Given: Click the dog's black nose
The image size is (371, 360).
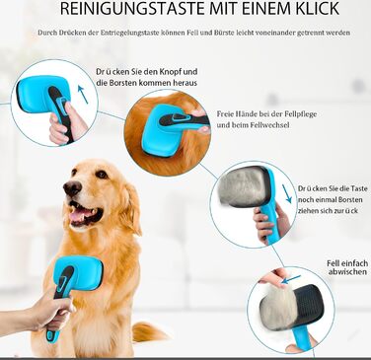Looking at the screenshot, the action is pos(72,187).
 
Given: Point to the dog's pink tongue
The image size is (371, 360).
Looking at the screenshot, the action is pos(78,215).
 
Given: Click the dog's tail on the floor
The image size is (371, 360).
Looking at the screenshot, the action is pos(149,331).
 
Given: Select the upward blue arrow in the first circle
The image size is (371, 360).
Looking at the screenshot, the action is pos(83,95).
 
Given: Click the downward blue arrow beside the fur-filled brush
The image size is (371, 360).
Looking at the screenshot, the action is pos(287,193).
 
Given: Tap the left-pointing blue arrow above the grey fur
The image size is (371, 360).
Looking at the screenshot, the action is pos(291,280).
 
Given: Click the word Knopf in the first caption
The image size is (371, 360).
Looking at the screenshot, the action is pos(170,72).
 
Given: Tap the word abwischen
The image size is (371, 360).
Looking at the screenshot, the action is pos(347,272).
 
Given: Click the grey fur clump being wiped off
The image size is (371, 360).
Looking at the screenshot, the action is pos(275,303).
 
